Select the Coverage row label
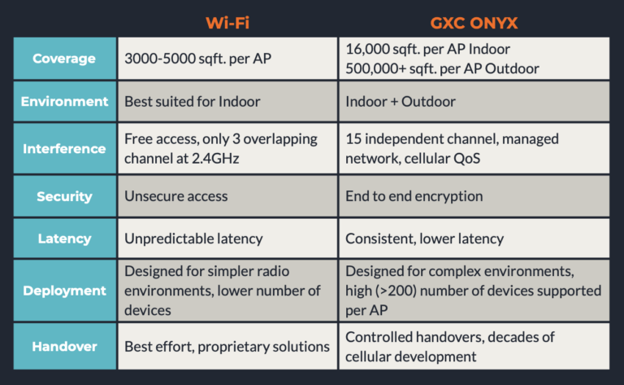click(x=64, y=59)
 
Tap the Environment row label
click(x=64, y=102)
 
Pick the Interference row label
click(x=64, y=148)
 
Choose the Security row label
click(x=64, y=196)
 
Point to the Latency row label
click(x=64, y=239)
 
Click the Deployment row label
click(x=64, y=291)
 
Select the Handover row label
click(x=64, y=346)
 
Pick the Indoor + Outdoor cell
click(x=401, y=102)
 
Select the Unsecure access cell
click(x=176, y=196)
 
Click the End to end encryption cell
click(x=414, y=196)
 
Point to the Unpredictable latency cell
click(x=193, y=239)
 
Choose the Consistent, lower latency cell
click(x=424, y=239)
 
